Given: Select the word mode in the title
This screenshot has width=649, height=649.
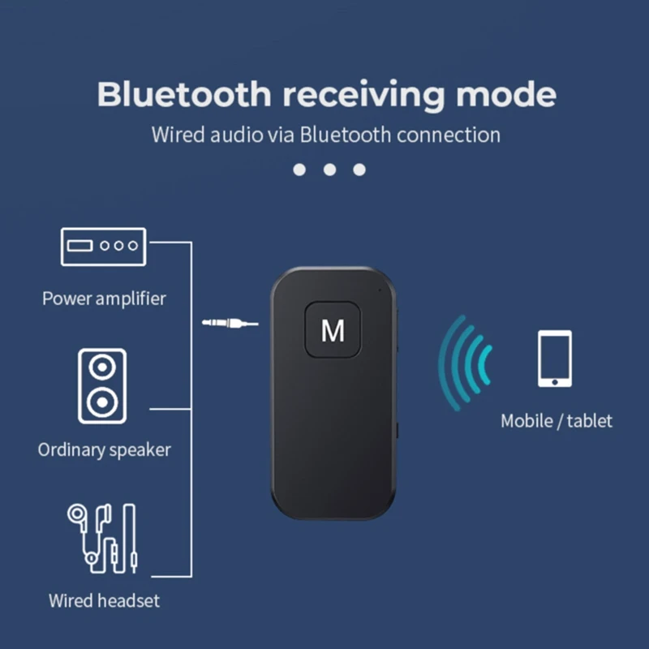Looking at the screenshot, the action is [505, 95].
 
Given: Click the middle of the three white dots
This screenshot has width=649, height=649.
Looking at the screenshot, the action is [329, 170].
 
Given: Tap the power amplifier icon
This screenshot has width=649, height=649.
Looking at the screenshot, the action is [104, 246].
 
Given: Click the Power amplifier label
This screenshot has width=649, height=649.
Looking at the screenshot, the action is [104, 299].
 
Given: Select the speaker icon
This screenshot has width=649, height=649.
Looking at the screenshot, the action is [102, 385].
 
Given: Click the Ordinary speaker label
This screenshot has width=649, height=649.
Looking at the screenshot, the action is [105, 449].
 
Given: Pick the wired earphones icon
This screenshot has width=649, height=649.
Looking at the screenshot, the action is [102, 538].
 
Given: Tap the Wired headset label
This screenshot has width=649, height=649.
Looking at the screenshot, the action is [104, 601].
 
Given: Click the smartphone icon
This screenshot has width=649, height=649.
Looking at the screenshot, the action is [555, 358].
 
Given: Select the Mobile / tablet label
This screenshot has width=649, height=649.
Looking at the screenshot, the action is [557, 421].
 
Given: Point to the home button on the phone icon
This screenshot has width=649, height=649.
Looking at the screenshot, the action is [555, 380].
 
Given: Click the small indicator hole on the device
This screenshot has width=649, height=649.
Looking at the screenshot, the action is [378, 289].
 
